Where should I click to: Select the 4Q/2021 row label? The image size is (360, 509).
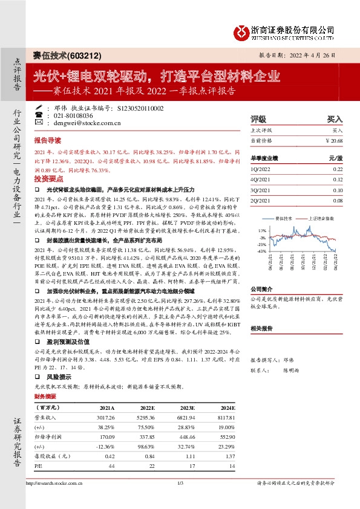[x=259, y=180]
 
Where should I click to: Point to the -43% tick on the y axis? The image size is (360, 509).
[x=261, y=250]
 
